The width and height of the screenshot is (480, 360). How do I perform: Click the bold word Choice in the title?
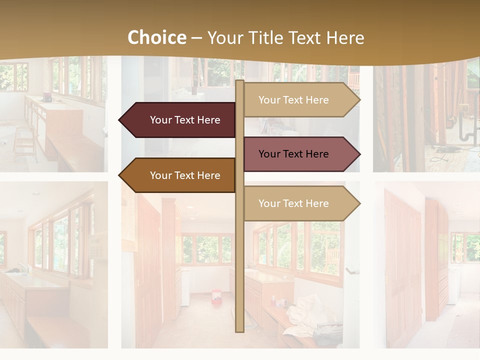click(x=156, y=38)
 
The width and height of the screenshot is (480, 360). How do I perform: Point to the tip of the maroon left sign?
click(x=120, y=120)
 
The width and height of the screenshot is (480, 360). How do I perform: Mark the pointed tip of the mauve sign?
click(x=358, y=154)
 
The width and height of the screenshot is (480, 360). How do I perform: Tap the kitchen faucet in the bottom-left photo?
click(x=22, y=267)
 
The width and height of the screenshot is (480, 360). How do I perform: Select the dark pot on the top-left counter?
click(x=47, y=96)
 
